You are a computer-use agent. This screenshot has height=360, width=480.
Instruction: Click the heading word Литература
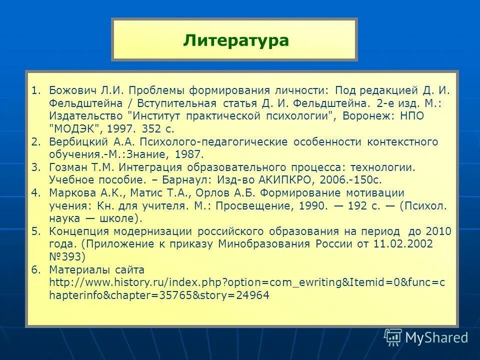[x=235, y=40]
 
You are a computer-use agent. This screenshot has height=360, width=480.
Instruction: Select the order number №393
[x=67, y=257]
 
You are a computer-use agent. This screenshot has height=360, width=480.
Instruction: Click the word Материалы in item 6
[x=76, y=269]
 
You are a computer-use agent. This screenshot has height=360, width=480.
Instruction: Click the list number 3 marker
[x=34, y=167]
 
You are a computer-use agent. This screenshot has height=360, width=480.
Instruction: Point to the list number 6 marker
[x=34, y=269]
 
